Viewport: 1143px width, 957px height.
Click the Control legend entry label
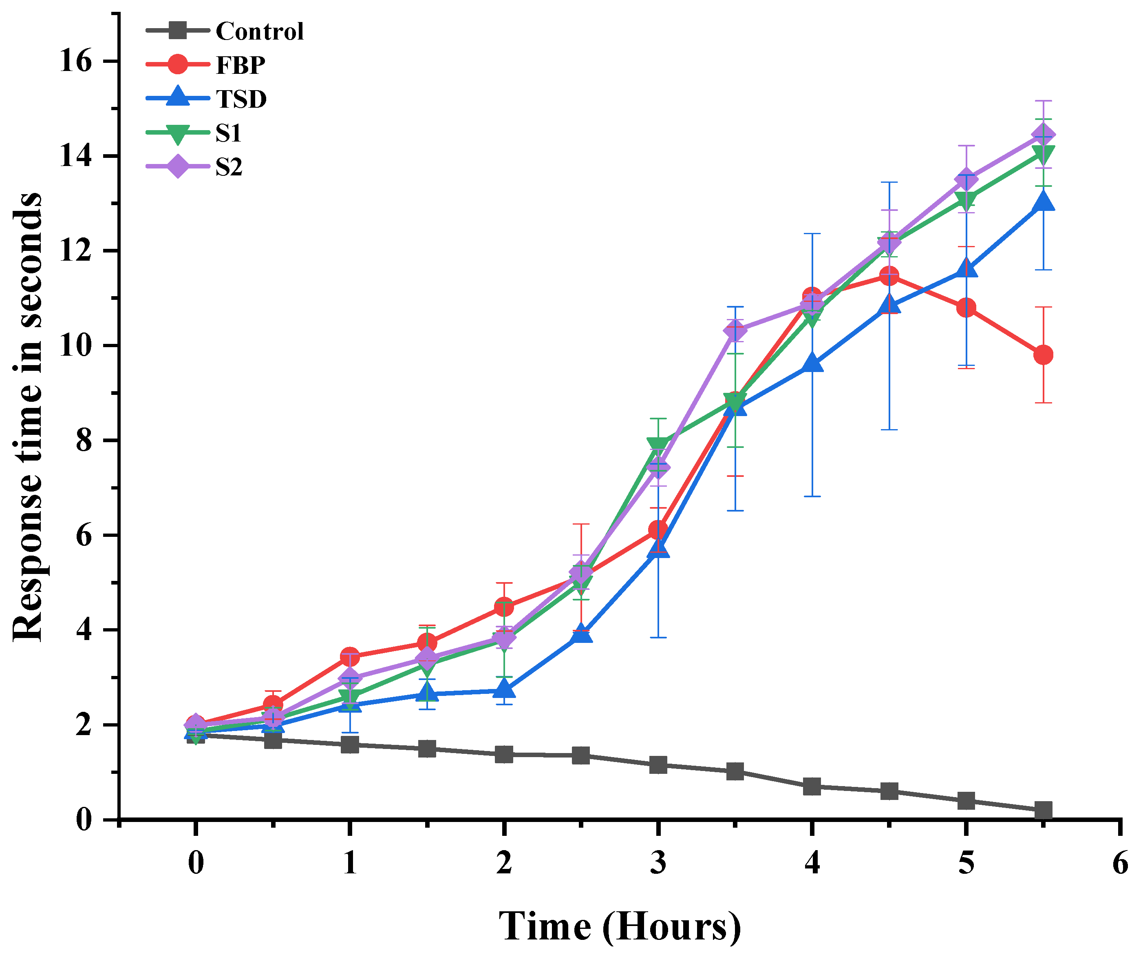tap(260, 31)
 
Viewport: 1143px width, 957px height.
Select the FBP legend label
tap(241, 65)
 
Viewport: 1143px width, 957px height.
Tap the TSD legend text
tap(241, 99)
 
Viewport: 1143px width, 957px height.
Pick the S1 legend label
tap(228, 133)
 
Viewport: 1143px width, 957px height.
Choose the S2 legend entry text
tap(229, 167)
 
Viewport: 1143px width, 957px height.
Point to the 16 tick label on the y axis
tap(76, 61)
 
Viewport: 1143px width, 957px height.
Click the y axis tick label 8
tap(84, 440)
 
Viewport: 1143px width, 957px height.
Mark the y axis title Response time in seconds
tap(27, 416)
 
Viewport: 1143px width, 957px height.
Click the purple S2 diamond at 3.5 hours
tap(735, 330)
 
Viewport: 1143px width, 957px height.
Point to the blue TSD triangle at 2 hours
tap(504, 689)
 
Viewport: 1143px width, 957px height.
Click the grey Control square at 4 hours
tap(812, 786)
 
